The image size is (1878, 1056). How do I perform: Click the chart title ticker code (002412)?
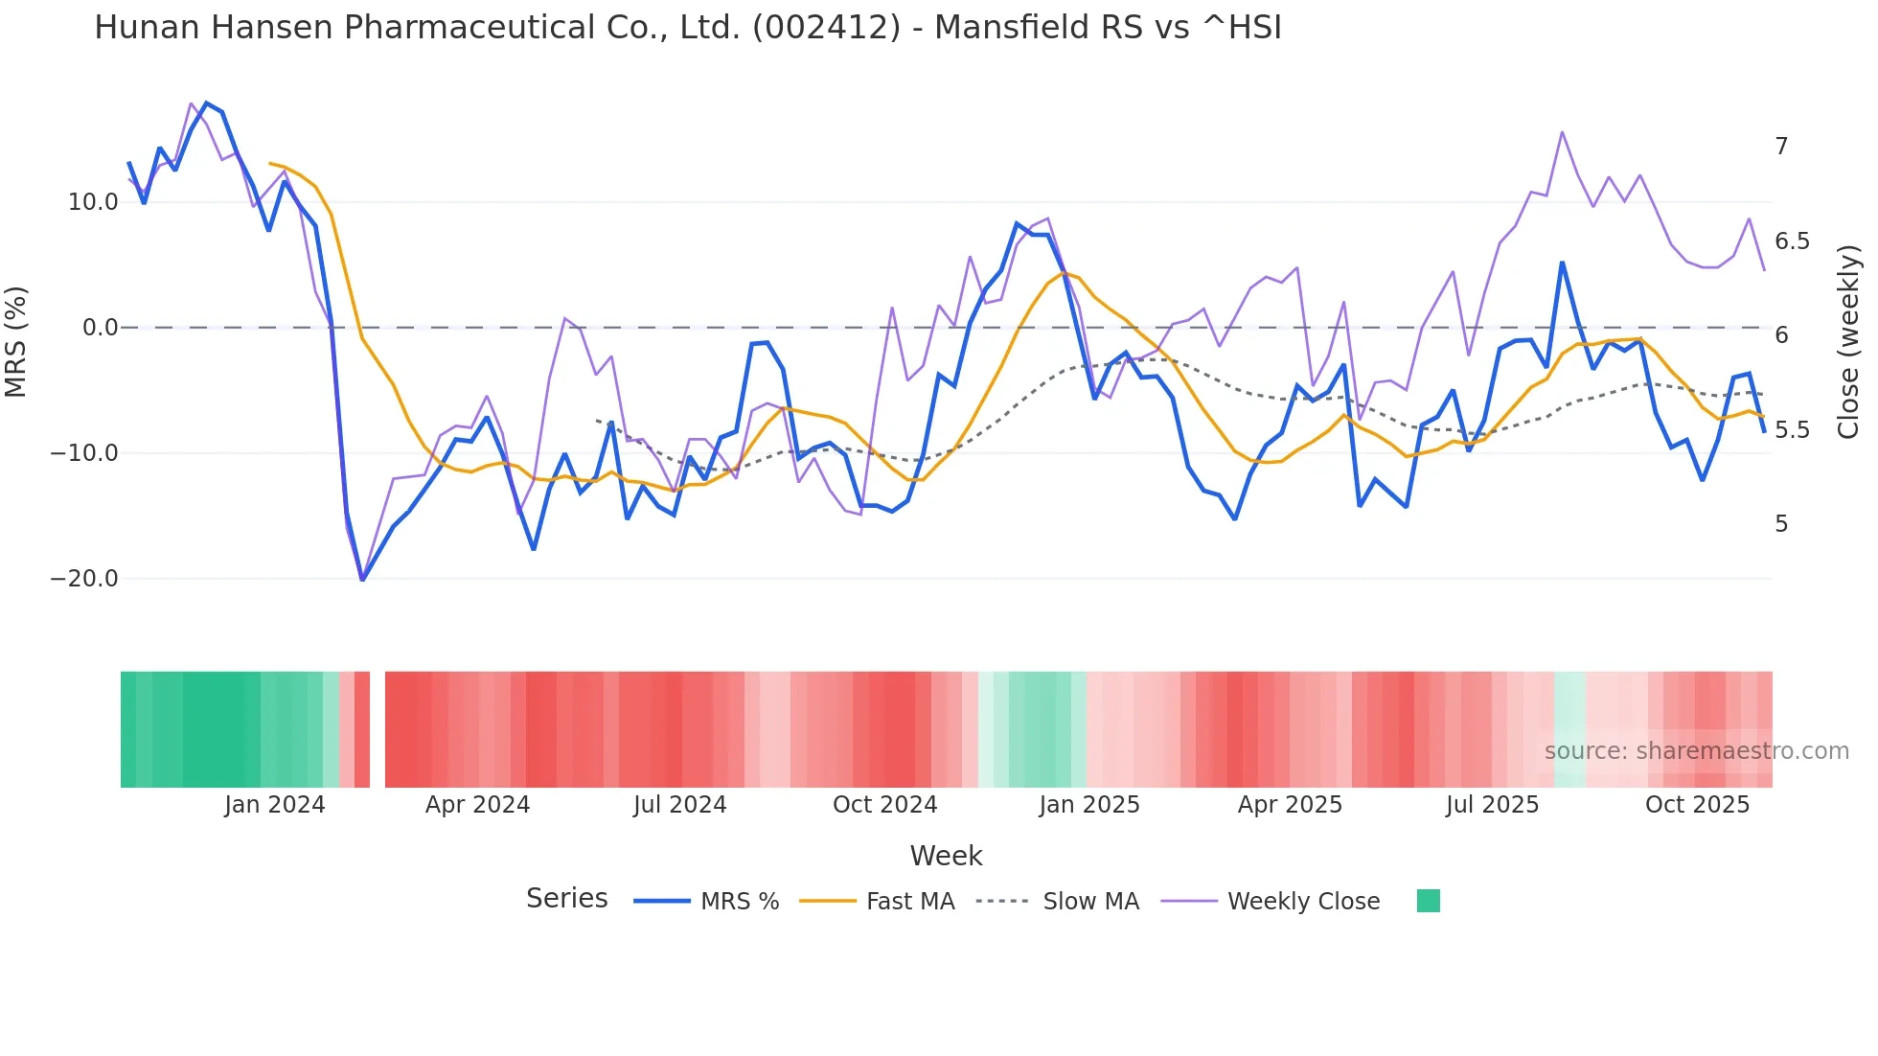tap(826, 28)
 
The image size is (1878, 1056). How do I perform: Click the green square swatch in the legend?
tap(1428, 901)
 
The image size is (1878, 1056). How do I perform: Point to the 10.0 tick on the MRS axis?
tap(93, 202)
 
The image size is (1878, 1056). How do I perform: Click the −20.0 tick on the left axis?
tap(84, 579)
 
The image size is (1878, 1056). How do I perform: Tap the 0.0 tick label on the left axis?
tap(100, 328)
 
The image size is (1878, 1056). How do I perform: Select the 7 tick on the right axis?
tap(1781, 147)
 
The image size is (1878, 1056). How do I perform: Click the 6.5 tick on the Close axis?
tap(1792, 241)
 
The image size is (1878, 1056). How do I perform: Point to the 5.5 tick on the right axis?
tap(1792, 430)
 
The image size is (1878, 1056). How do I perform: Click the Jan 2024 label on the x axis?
tap(275, 805)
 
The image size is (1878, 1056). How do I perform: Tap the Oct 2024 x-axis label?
tap(884, 805)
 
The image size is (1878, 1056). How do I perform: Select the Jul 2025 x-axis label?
tap(1492, 805)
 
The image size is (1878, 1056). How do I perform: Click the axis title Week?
tap(946, 856)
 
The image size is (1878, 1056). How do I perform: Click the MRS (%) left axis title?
tap(16, 342)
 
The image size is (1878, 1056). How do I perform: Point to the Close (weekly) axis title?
tap(1849, 342)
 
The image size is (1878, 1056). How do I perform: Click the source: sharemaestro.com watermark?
tap(1696, 751)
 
